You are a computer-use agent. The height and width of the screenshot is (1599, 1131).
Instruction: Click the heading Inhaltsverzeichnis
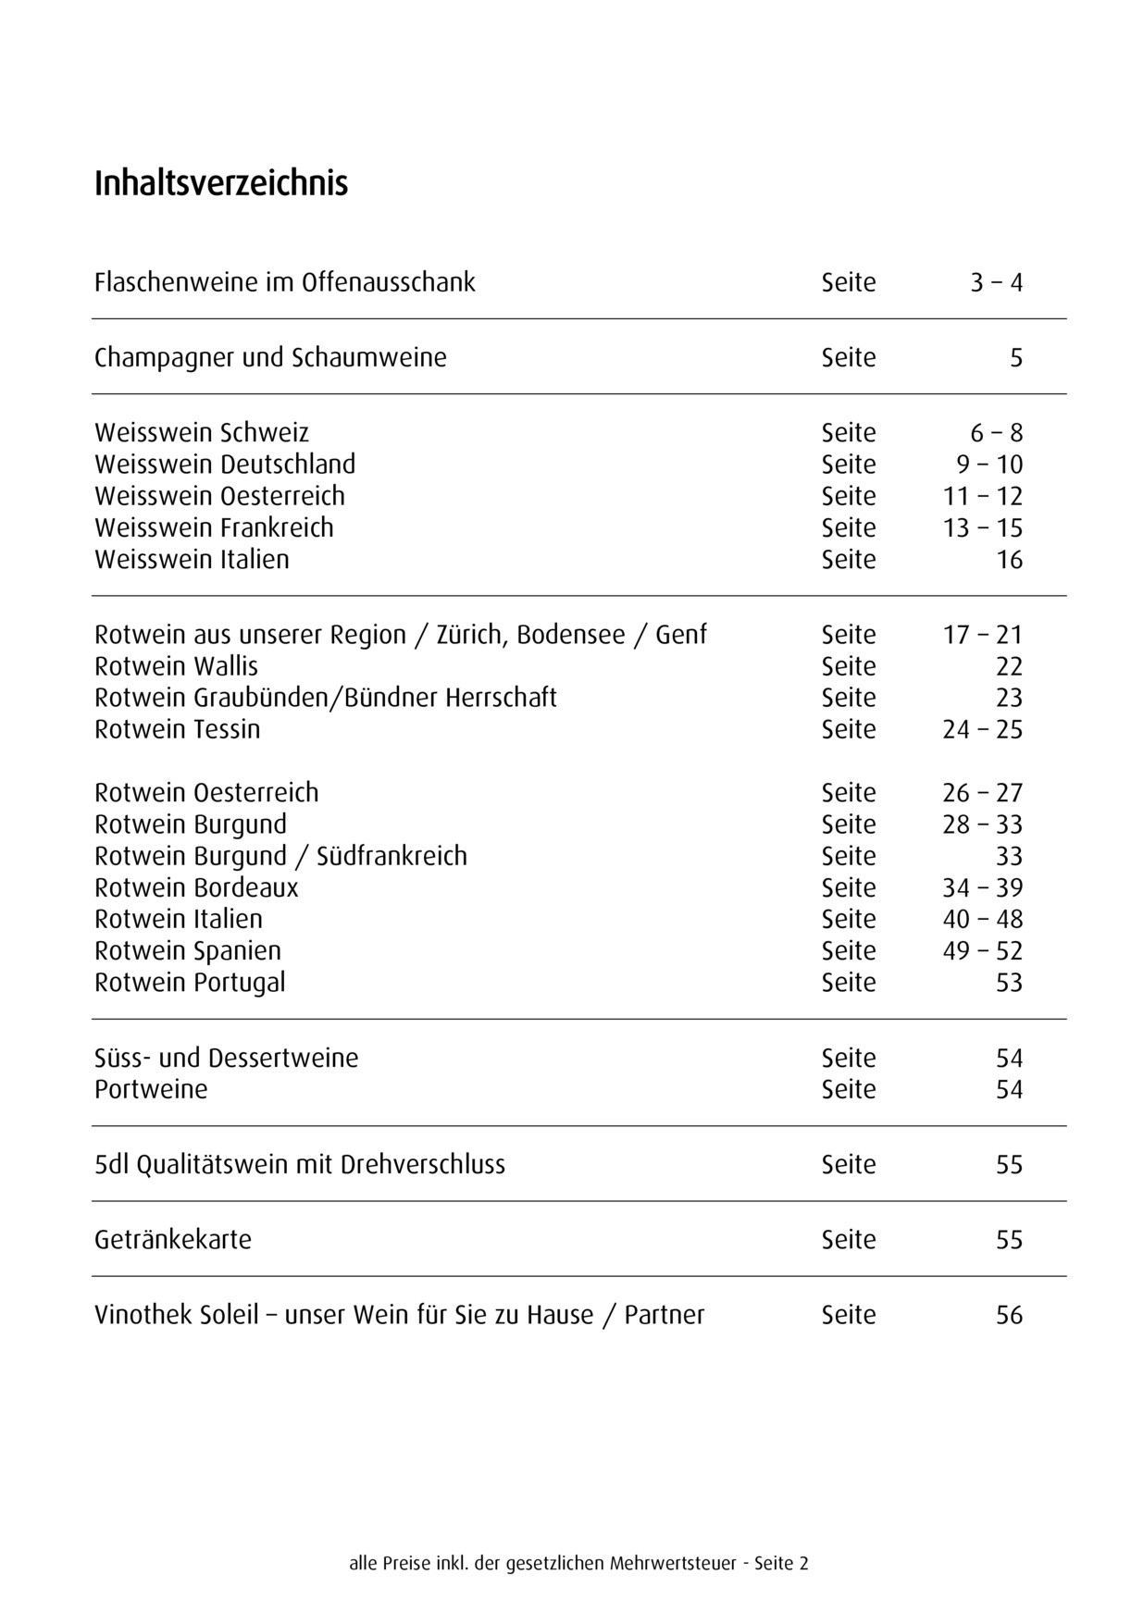(221, 183)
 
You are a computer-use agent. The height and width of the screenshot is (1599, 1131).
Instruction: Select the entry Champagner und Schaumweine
(270, 358)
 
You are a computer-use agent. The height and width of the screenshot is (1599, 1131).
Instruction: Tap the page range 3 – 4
(996, 282)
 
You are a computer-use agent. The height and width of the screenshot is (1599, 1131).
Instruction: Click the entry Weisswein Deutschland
(225, 465)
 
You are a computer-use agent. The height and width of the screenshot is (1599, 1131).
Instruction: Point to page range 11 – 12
(983, 497)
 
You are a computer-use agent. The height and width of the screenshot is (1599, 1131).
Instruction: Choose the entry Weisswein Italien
(192, 560)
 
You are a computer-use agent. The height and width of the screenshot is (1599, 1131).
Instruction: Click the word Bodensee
(571, 636)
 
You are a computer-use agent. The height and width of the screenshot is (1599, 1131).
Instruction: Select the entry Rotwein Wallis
(176, 667)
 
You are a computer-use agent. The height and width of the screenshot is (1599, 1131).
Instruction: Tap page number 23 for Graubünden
(1009, 699)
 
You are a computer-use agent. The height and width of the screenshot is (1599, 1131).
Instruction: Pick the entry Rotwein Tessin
(178, 730)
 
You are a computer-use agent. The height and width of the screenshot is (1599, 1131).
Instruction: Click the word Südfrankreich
(391, 857)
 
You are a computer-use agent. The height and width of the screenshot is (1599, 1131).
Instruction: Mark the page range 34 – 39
(983, 888)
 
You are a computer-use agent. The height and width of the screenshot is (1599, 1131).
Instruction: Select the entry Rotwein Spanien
(188, 951)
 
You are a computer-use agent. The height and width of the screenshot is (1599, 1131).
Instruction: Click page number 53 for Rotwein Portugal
(1009, 983)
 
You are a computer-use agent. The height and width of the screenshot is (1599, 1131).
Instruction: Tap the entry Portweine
(151, 1090)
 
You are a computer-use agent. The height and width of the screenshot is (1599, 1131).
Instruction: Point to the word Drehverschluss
(423, 1165)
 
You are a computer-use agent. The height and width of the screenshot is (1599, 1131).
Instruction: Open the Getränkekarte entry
(173, 1240)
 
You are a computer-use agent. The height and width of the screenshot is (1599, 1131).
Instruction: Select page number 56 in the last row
(1009, 1316)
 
